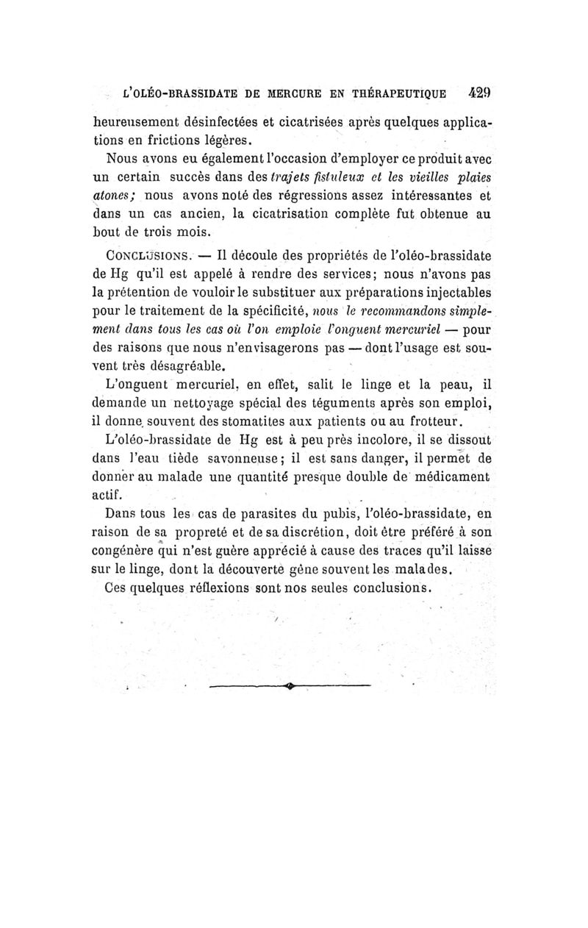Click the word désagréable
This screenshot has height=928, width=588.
(x=173, y=364)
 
